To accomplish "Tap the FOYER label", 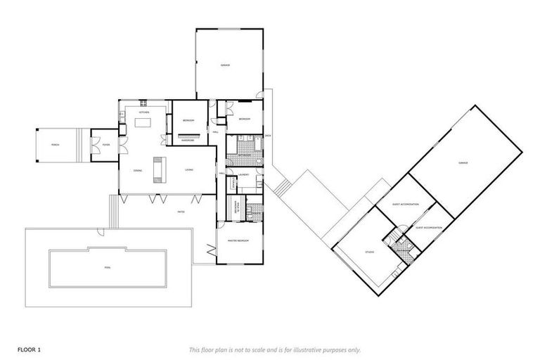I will coord(106,145).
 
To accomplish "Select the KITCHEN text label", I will coord(144,112).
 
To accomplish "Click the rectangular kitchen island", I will coord(144,123).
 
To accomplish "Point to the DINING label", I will coord(138,170).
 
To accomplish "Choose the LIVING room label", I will coord(189,170).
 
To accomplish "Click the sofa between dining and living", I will coord(159,169).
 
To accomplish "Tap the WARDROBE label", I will coord(188,139).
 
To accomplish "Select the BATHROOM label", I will coord(245,155).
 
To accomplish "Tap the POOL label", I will coord(107,268).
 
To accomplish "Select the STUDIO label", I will coord(369,252).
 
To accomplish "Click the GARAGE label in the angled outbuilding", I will coord(463,163).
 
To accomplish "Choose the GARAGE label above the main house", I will coord(225,65).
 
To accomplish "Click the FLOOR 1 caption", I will coord(30,349).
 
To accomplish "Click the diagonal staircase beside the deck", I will coord(282,187).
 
